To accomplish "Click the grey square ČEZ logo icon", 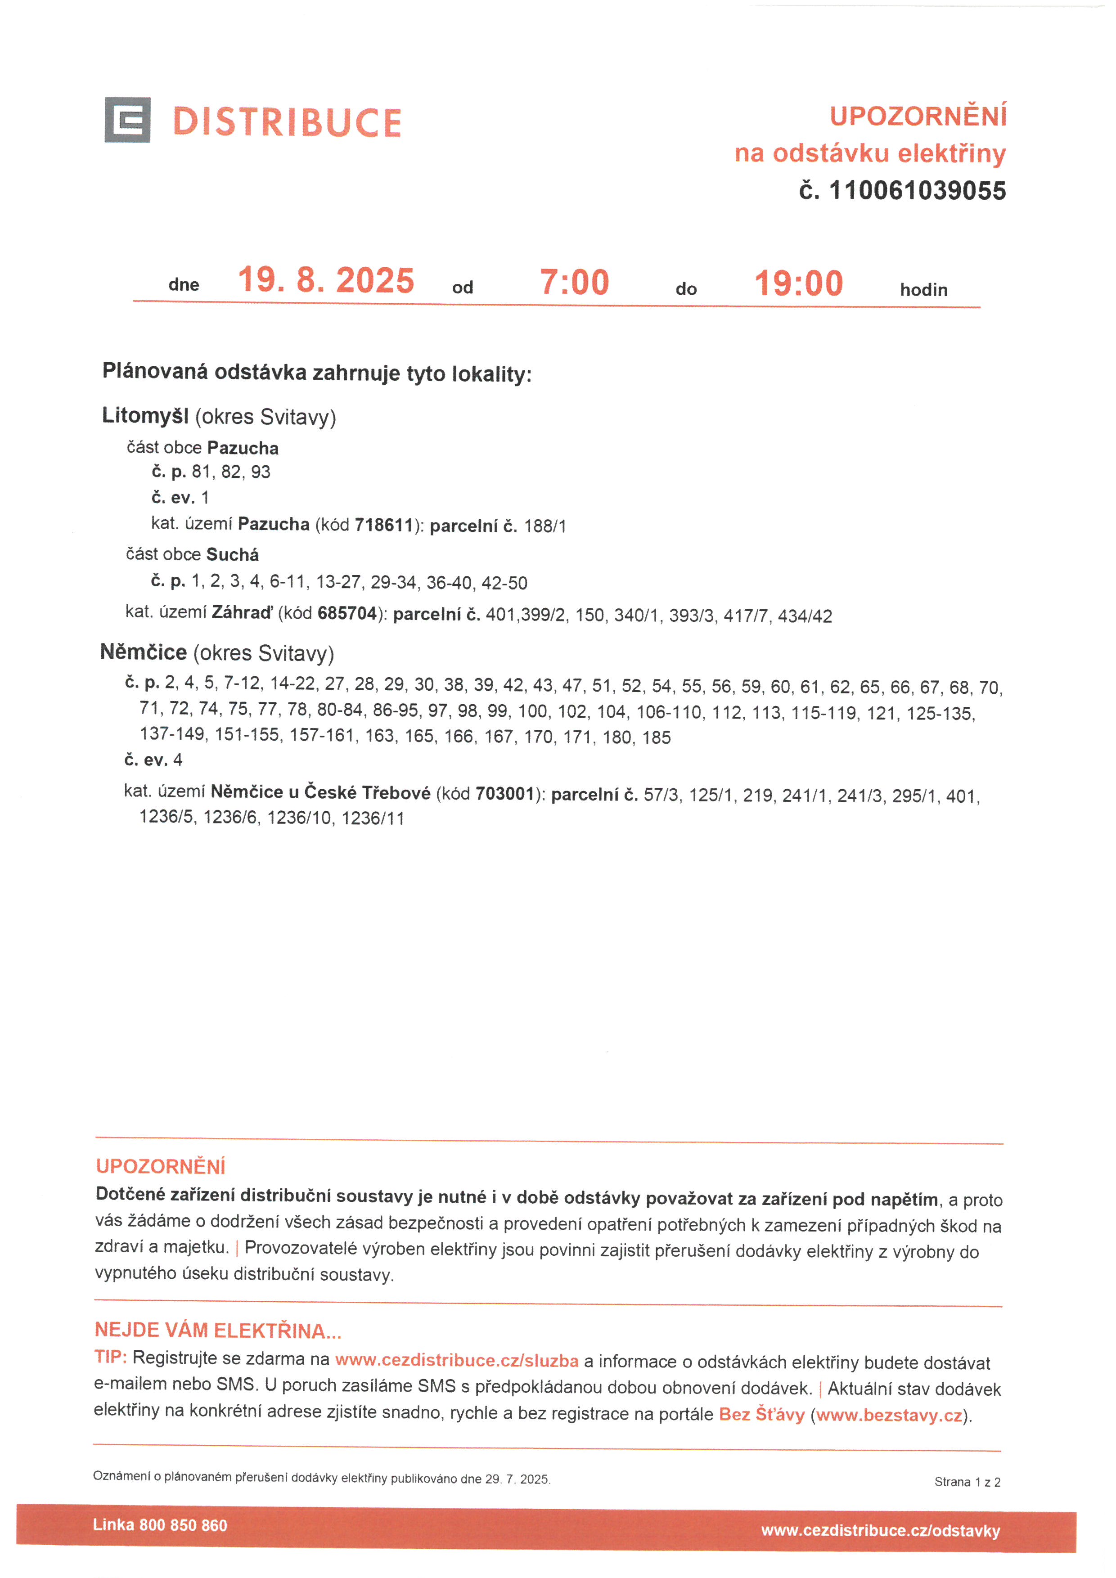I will (127, 120).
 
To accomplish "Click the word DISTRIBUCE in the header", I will (287, 122).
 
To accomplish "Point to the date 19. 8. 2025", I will (326, 280).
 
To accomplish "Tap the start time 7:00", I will (575, 283).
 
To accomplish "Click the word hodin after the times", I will (923, 290).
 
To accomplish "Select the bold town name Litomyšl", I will (145, 416).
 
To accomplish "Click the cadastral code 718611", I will (383, 525).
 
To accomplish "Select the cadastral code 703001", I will (504, 794).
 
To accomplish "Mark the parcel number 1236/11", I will (373, 818).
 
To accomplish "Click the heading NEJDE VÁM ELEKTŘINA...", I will (217, 1331).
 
